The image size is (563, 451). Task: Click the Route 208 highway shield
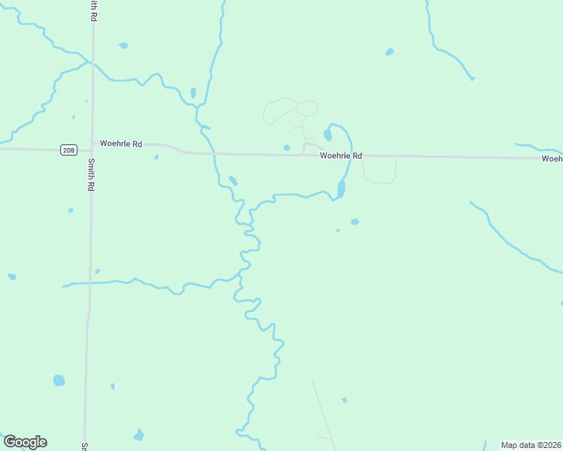click(69, 150)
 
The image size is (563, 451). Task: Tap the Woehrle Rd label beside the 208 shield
click(120, 144)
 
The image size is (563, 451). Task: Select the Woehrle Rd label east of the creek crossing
click(341, 156)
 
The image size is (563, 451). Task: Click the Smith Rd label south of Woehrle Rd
click(90, 177)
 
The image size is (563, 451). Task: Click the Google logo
click(25, 442)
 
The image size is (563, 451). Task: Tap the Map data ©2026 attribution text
click(531, 444)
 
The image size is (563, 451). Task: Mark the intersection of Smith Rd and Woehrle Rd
click(92, 150)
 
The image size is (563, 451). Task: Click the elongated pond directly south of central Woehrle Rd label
click(341, 188)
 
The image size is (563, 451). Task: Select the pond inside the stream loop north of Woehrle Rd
click(327, 135)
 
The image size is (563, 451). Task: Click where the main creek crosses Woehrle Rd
click(215, 153)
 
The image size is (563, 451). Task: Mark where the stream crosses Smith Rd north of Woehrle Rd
click(93, 65)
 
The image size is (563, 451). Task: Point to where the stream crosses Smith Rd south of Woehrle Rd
click(90, 283)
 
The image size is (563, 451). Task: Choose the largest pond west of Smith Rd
click(59, 380)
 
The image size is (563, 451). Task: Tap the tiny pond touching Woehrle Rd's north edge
click(286, 148)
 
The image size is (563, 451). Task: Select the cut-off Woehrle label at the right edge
click(552, 159)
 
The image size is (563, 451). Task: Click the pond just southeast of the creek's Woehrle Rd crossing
click(233, 180)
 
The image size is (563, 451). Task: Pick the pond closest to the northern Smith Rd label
click(123, 46)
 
